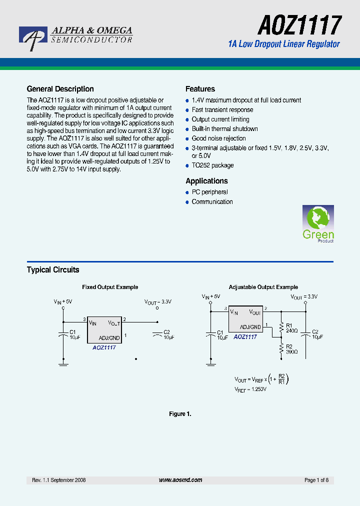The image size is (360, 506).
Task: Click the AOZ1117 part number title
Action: (x=300, y=24)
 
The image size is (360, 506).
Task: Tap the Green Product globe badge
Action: (x=318, y=223)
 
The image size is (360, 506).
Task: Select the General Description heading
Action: (x=60, y=89)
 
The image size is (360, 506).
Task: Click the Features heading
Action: (x=200, y=89)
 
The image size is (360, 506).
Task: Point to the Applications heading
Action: (x=206, y=181)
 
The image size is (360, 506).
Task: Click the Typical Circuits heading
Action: (x=53, y=270)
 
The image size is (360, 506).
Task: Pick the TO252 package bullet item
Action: (x=212, y=165)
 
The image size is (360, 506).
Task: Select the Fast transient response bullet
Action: (x=222, y=110)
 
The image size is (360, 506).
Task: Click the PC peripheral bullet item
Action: (x=209, y=192)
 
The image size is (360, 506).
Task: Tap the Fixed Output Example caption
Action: (x=110, y=287)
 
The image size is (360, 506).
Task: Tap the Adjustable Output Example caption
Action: (x=263, y=287)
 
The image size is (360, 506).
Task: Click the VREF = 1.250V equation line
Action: (x=250, y=389)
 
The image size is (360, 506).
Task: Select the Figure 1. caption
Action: (x=180, y=414)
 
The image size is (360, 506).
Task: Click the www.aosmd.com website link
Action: (x=180, y=480)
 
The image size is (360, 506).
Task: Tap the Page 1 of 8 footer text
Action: (x=316, y=480)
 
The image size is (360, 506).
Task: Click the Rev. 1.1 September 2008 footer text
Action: (x=59, y=480)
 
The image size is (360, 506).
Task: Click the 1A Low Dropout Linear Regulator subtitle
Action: (x=283, y=44)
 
